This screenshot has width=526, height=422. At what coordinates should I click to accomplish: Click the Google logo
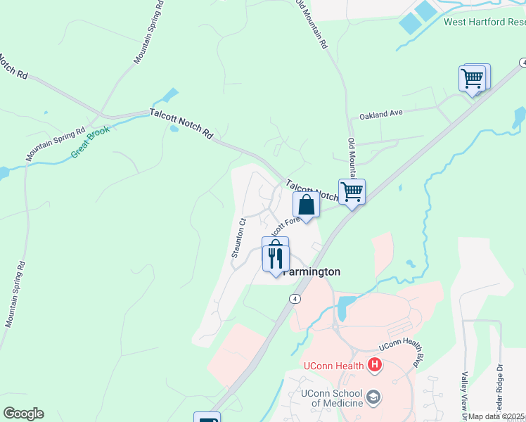coord(23,414)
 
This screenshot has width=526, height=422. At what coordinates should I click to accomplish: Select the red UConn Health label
coord(333,365)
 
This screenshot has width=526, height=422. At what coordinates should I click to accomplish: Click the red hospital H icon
coord(375,364)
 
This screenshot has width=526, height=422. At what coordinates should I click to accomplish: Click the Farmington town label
coord(312,271)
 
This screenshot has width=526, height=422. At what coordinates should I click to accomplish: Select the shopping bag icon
coord(306,205)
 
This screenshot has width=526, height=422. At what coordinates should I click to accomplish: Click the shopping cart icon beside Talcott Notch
coord(351,191)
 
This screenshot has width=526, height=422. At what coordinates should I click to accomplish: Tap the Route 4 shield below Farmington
coord(295,299)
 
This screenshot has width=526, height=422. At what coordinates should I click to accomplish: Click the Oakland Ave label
coord(381,113)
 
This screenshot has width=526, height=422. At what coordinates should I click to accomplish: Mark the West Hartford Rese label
coord(485,21)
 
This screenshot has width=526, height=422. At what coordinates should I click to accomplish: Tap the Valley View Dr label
coord(465,387)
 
